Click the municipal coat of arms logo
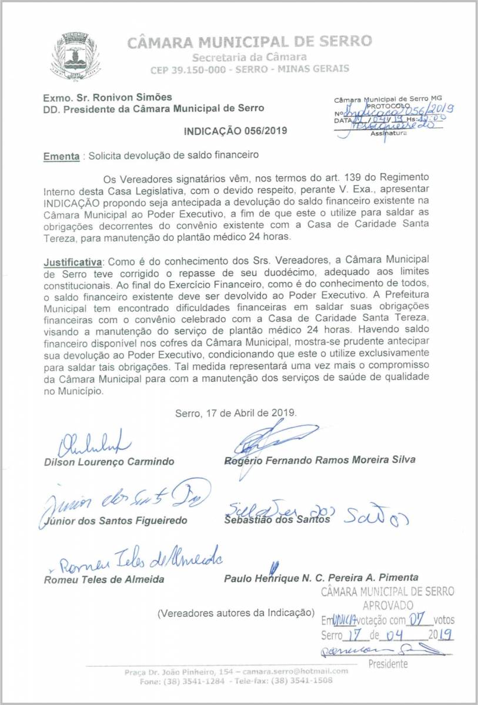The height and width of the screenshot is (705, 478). pyautogui.click(x=75, y=56)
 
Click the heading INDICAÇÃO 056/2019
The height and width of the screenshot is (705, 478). pyautogui.click(x=235, y=130)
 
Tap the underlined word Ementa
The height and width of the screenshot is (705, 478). pyautogui.click(x=61, y=157)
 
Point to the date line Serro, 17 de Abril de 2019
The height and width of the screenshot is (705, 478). pyautogui.click(x=236, y=413)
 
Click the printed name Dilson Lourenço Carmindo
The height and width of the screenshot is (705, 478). pyautogui.click(x=109, y=462)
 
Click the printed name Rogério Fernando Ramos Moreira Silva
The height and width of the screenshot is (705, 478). pyautogui.click(x=320, y=460)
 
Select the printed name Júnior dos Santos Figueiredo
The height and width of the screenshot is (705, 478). pyautogui.click(x=115, y=521)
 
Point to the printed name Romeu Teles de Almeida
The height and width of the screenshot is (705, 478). pyautogui.click(x=104, y=579)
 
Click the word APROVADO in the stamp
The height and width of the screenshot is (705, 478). pyautogui.click(x=387, y=605)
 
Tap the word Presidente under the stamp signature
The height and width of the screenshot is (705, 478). pyautogui.click(x=387, y=664)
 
